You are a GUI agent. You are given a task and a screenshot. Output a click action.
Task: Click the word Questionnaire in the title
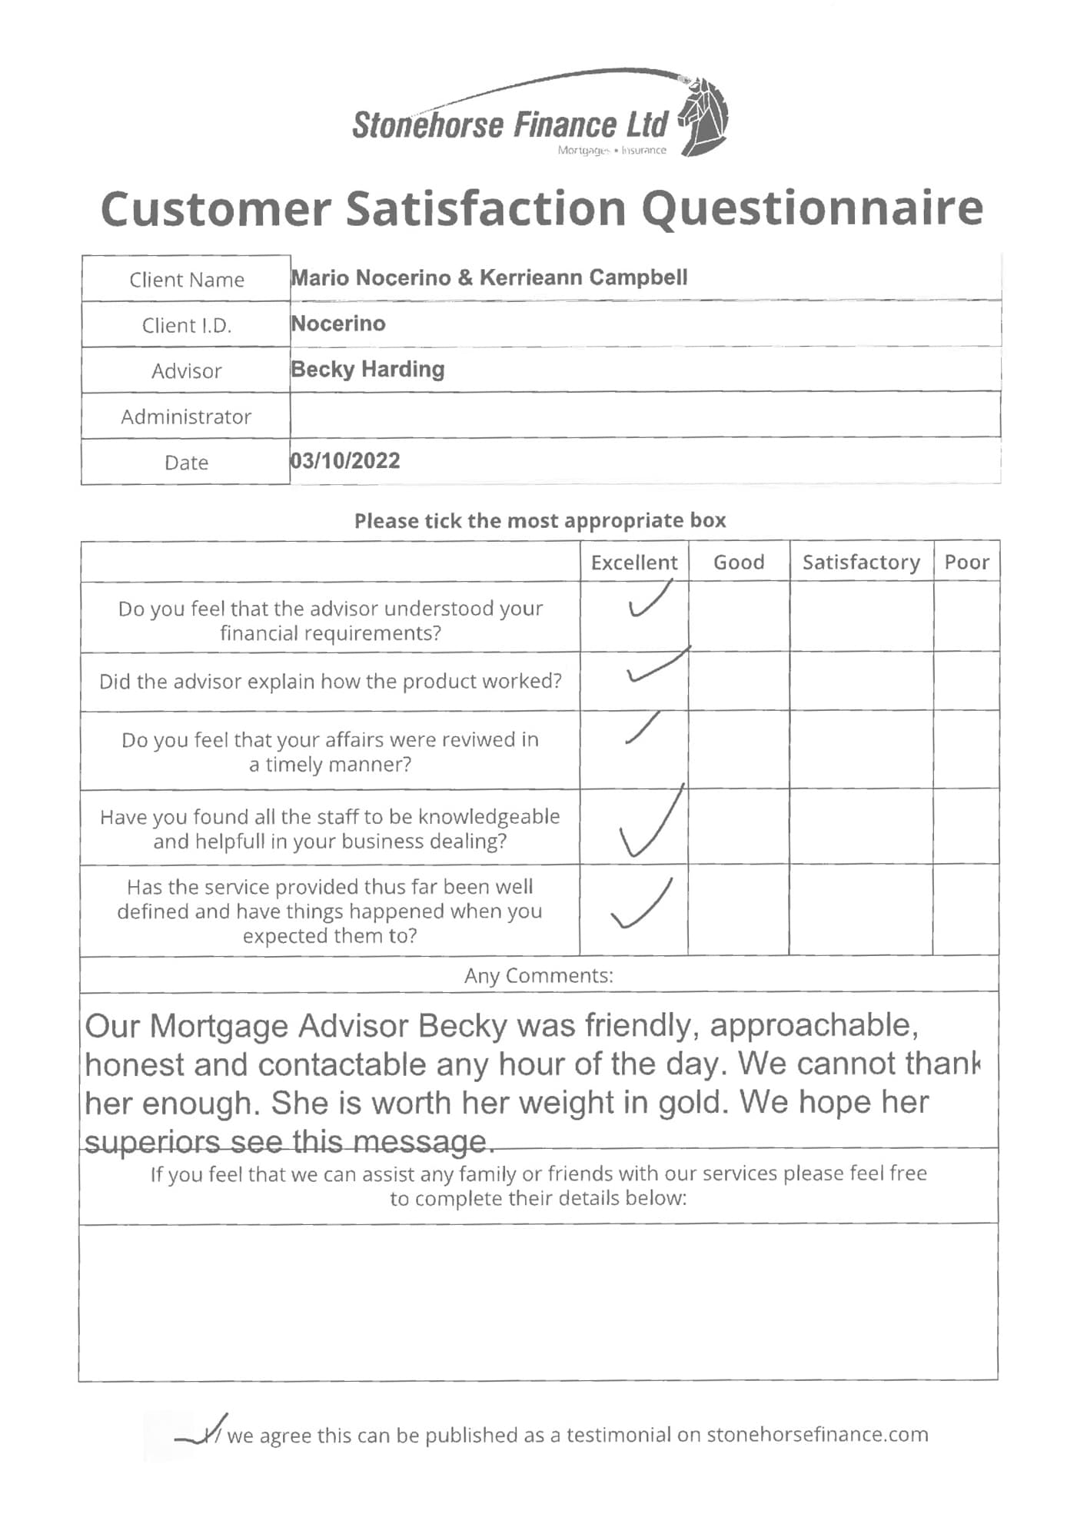pyautogui.click(x=813, y=208)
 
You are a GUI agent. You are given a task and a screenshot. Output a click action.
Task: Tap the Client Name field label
pyautogui.click(x=186, y=280)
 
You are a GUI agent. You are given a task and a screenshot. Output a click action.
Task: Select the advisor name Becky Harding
pyautogui.click(x=367, y=370)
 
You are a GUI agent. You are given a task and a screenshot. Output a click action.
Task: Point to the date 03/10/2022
pyautogui.click(x=345, y=461)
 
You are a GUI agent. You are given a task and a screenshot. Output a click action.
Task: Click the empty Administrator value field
pyautogui.click(x=644, y=416)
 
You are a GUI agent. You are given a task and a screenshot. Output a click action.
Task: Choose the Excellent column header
pyautogui.click(x=634, y=563)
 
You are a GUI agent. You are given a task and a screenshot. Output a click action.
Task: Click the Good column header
pyautogui.click(x=739, y=563)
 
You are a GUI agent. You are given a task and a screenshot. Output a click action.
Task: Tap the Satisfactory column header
pyautogui.click(x=861, y=563)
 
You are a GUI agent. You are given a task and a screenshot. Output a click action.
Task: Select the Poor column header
pyautogui.click(x=966, y=563)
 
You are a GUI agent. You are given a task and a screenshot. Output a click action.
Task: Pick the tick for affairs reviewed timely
pyautogui.click(x=643, y=729)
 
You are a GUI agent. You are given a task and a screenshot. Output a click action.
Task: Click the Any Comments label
pyautogui.click(x=538, y=976)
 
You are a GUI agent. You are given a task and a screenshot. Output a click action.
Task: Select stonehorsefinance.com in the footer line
pyautogui.click(x=817, y=1435)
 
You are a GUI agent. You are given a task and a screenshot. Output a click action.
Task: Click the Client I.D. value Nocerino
pyautogui.click(x=338, y=324)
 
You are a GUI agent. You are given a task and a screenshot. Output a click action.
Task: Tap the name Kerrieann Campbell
pyautogui.click(x=583, y=277)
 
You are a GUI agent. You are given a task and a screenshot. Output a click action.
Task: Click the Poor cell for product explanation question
pyautogui.click(x=966, y=682)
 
